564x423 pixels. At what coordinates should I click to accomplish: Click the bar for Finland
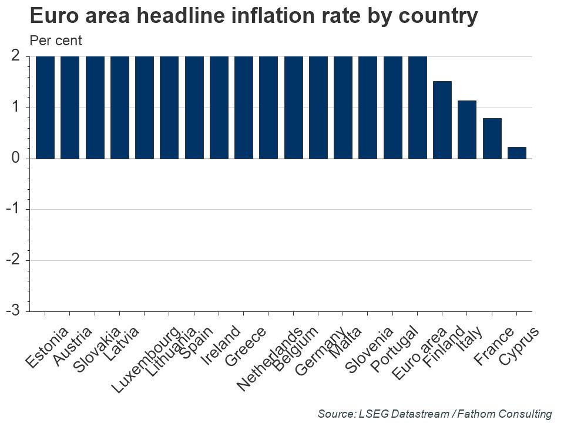(442, 120)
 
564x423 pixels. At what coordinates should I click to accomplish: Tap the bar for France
(492, 138)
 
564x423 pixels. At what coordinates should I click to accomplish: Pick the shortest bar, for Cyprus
(516, 153)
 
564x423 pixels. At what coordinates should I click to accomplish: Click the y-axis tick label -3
(14, 311)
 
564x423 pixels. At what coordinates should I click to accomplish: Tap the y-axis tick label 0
(15, 159)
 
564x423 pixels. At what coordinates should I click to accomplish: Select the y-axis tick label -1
(14, 209)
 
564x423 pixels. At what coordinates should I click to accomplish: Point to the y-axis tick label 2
(15, 56)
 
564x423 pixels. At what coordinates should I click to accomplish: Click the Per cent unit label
(56, 41)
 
